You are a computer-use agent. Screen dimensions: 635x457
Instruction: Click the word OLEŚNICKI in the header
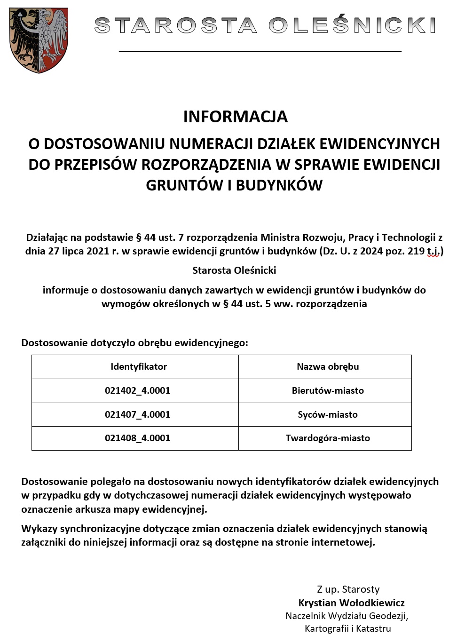point(352,25)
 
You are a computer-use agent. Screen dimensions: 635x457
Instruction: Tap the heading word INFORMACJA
point(235,117)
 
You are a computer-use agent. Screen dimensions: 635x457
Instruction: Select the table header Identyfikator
point(139,367)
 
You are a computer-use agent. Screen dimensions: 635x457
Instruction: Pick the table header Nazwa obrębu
point(328,367)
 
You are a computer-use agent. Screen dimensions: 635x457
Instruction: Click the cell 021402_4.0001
point(137,390)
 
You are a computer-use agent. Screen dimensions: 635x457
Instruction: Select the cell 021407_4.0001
point(137,414)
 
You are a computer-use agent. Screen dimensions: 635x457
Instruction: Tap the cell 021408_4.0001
point(137,438)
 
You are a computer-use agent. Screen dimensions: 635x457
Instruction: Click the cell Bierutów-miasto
point(328,390)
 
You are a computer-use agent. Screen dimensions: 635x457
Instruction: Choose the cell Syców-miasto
point(328,414)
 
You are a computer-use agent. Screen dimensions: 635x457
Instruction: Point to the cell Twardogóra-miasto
point(328,438)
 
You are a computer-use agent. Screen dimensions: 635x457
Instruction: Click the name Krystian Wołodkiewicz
point(351,603)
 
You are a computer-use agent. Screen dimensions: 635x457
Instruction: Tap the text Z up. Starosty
point(348,589)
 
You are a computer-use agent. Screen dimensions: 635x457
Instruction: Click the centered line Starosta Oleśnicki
point(234,270)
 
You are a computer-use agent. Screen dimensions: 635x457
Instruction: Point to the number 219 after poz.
point(416,251)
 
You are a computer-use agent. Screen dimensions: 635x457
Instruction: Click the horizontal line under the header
point(260,51)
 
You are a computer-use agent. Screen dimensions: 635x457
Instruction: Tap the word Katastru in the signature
point(373,628)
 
